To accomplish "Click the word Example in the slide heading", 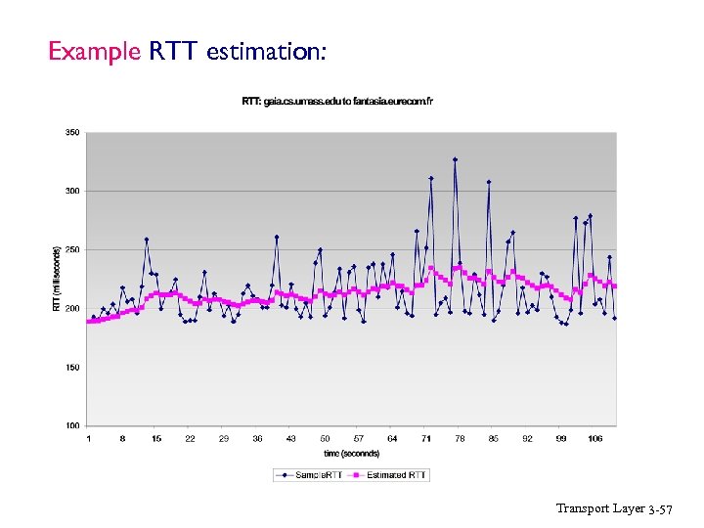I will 95,51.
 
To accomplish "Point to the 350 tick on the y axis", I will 72,132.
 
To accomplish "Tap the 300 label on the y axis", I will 72,191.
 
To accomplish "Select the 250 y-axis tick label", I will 72,249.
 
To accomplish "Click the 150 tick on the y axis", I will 72,368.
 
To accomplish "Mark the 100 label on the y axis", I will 72,426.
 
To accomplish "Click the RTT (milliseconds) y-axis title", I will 56,279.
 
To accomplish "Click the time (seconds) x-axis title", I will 351,453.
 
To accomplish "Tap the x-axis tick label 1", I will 89,439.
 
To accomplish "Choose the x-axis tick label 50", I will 325,439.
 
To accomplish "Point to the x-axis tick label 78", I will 460,439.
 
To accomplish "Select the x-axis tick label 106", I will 594,439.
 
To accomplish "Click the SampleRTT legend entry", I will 309,474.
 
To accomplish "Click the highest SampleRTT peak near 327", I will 455,159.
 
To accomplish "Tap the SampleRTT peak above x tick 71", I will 431,178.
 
